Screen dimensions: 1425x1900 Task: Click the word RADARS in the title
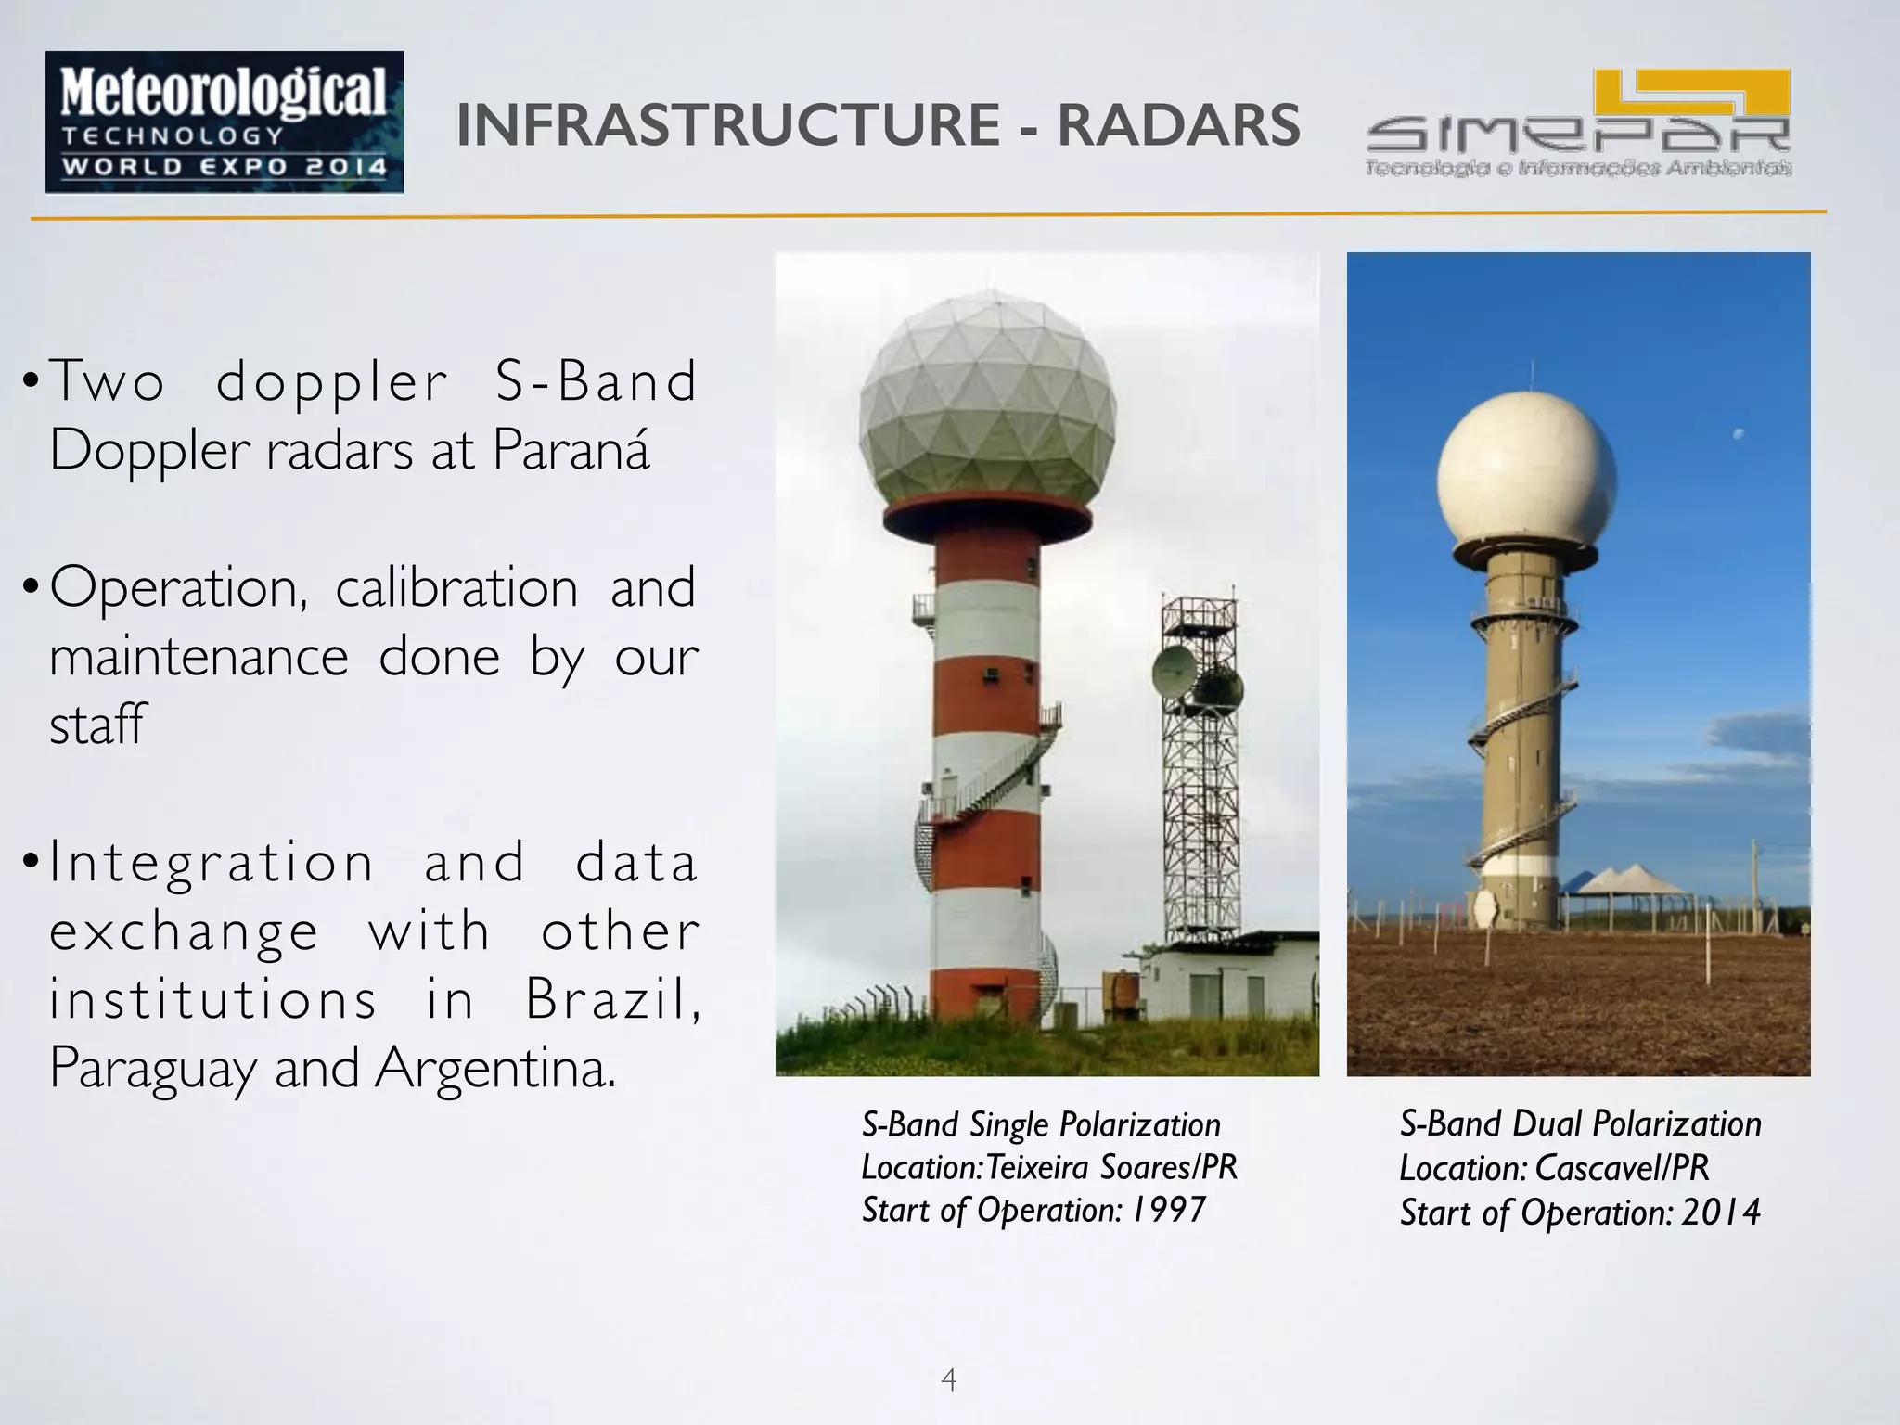tap(1178, 125)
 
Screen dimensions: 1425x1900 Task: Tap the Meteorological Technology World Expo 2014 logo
tap(225, 122)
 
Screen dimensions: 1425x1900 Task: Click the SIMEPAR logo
tap(1578, 125)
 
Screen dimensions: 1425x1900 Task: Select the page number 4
tap(948, 1380)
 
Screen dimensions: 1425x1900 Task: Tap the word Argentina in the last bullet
tap(494, 1069)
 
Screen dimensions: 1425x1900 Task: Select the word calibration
tap(456, 589)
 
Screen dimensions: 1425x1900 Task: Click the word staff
tap(97, 725)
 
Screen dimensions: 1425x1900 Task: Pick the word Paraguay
tap(153, 1069)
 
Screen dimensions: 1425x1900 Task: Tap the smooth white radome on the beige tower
tap(1527, 473)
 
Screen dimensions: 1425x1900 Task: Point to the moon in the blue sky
tap(1739, 433)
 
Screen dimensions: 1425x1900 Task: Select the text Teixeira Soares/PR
tap(1111, 1167)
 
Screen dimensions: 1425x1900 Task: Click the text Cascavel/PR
tap(1622, 1168)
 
